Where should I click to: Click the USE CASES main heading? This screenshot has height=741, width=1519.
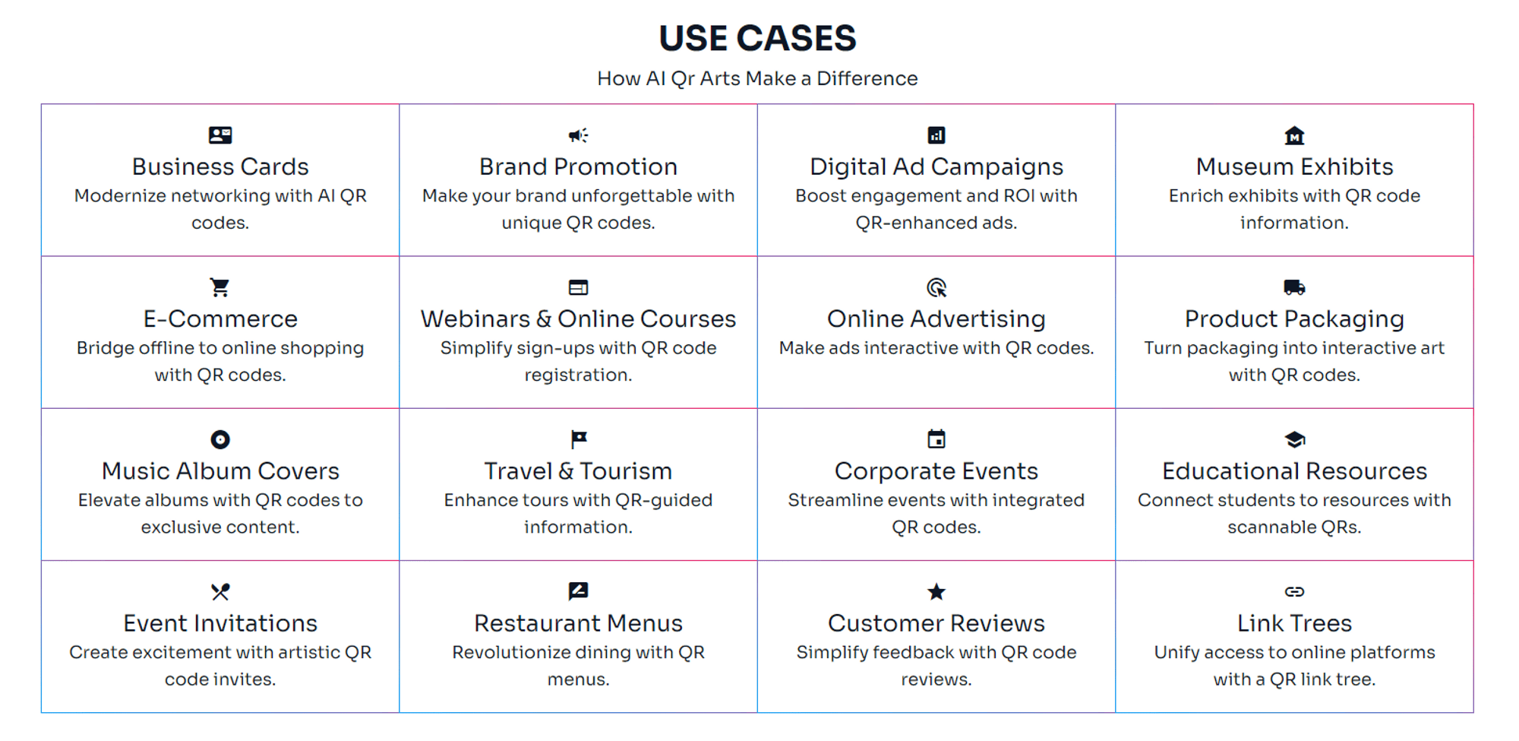757,38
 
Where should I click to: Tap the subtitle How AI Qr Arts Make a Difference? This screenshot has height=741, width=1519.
757,78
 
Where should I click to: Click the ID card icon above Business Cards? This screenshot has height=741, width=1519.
220,135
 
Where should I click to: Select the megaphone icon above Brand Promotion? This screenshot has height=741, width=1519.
579,135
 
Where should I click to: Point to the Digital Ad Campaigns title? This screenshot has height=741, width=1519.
936,167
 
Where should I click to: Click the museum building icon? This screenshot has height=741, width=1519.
1294,135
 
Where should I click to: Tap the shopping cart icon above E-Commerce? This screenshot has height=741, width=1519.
220,287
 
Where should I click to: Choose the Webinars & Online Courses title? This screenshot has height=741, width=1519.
579,319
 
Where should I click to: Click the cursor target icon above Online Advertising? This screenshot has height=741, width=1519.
936,287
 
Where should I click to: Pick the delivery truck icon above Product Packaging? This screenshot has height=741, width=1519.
1294,287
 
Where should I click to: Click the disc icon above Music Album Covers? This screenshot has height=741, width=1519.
220,439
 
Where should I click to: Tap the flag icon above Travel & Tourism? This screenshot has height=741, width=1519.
579,439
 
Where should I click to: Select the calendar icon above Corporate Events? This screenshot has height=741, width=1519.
936,439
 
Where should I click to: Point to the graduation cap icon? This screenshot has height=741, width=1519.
1294,439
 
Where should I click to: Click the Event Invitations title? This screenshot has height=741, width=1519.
220,623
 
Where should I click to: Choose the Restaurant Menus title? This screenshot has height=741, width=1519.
579,623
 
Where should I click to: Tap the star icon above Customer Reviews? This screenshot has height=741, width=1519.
936,591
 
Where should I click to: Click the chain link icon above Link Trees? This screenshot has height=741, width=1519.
1294,591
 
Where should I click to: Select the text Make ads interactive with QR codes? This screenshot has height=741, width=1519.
936,348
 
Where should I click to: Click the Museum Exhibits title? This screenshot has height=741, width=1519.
1294,167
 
